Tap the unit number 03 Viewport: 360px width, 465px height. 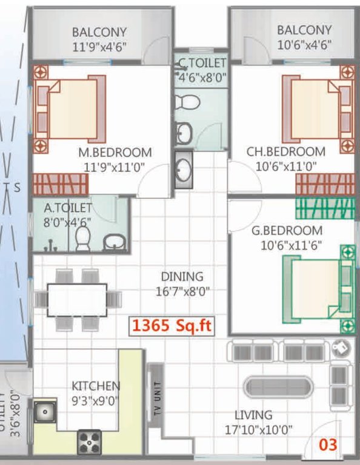[x=328, y=445]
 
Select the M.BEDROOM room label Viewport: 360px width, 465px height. [x=115, y=152]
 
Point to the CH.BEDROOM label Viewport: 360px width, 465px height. [x=285, y=151]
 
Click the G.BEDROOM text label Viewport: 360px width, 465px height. [x=287, y=231]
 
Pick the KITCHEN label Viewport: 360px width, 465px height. [x=96, y=386]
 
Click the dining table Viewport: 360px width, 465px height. [x=77, y=299]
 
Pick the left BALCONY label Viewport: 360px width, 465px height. [x=99, y=31]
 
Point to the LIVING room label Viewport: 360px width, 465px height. [x=253, y=415]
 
